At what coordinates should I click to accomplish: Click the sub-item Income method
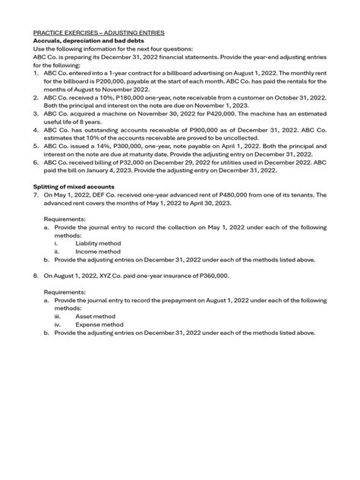click(97, 251)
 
